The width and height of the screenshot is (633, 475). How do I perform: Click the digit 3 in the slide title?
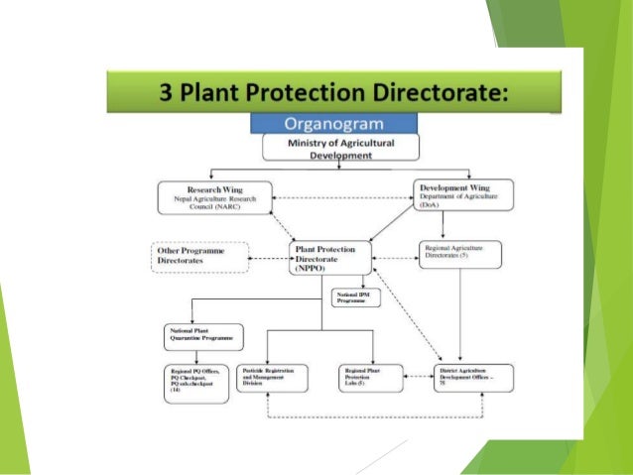pyautogui.click(x=168, y=94)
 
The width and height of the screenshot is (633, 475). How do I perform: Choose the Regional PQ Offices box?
pyautogui.click(x=199, y=383)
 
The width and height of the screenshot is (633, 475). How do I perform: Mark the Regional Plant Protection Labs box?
pyautogui.click(x=370, y=378)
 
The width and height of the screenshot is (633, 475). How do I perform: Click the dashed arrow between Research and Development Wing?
pyautogui.click(x=337, y=195)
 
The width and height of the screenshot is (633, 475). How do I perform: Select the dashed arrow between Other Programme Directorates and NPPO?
pyautogui.click(x=268, y=258)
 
